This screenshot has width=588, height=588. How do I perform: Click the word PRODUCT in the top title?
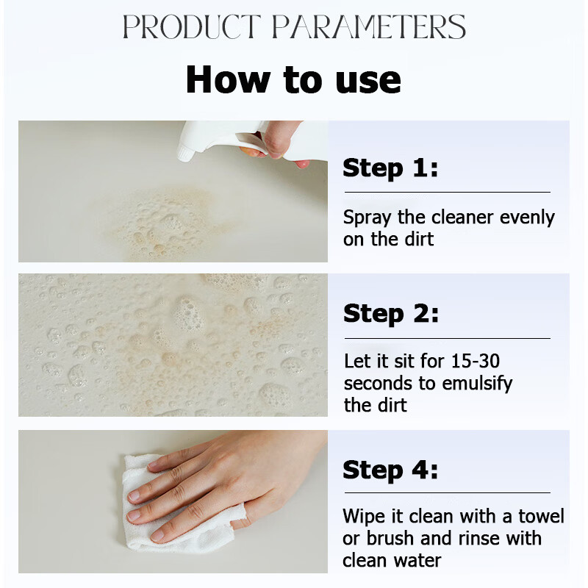pyautogui.click(x=192, y=27)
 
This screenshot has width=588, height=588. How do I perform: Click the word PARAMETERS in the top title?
pyautogui.click(x=369, y=27)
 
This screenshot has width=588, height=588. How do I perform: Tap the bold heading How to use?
pyautogui.click(x=293, y=79)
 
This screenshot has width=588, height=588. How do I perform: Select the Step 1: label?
pyautogui.click(x=390, y=168)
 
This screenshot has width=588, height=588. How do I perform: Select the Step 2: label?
pyautogui.click(x=391, y=314)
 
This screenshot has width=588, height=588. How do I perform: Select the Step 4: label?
pyautogui.click(x=390, y=470)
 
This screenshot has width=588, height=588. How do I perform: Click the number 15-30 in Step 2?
pyautogui.click(x=476, y=361)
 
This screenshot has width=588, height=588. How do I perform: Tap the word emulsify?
pyautogui.click(x=477, y=384)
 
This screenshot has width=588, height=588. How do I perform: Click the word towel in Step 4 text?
pyautogui.click(x=541, y=517)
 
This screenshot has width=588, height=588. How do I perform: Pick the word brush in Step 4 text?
pyautogui.click(x=390, y=539)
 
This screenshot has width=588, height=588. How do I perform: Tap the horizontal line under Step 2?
pyautogui.click(x=448, y=338)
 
